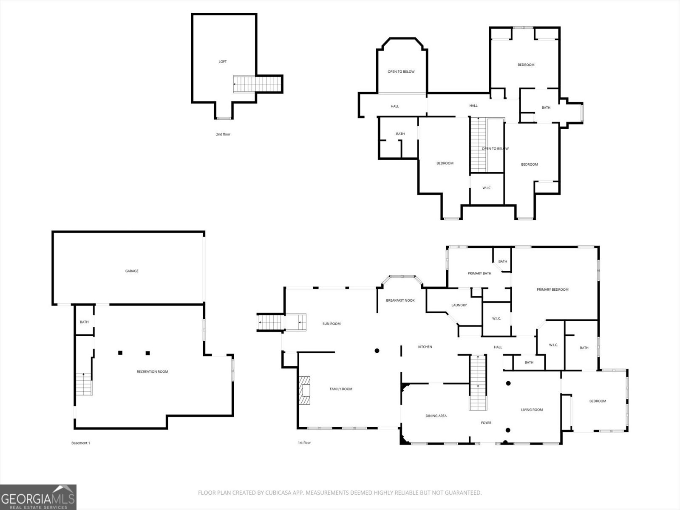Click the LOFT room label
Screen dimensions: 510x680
222,62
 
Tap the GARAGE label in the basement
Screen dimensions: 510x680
132,271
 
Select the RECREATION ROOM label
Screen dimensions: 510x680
152,371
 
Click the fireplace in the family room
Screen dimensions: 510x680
304,391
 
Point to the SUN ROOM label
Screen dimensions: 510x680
331,324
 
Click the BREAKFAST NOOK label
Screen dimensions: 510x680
400,300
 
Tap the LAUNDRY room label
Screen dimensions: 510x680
459,305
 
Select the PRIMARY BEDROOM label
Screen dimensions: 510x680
552,289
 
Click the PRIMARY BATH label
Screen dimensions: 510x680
479,273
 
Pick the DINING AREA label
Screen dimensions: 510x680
436,416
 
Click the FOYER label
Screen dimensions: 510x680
486,423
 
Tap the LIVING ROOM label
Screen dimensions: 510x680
532,410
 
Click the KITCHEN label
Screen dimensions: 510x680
425,347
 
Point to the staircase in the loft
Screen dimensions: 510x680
257,84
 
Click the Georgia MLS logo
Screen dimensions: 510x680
38,497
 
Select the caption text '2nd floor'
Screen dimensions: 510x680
223,134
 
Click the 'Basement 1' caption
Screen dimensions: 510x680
80,443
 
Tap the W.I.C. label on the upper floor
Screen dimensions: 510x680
487,188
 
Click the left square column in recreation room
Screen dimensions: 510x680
120,353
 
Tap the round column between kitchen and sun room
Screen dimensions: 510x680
377,351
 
